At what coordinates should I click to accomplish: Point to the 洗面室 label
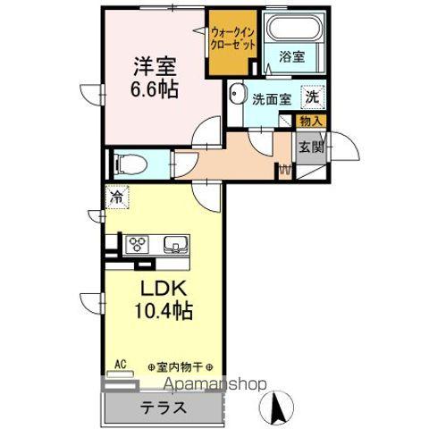(x=271, y=99)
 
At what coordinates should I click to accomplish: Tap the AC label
(x=119, y=365)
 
